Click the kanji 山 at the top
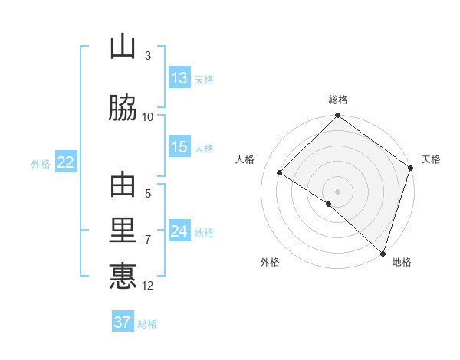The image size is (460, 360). click(123, 48)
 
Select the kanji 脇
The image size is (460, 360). click(123, 108)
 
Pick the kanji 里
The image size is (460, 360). click(123, 231)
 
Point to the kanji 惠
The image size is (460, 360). click(123, 276)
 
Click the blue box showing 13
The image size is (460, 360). click(179, 78)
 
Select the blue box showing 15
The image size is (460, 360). click(179, 147)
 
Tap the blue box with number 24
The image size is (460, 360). click(179, 231)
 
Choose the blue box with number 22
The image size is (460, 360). click(65, 162)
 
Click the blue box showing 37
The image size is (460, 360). click(123, 322)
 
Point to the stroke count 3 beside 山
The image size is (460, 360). click(148, 56)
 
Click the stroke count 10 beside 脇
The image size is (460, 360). click(148, 116)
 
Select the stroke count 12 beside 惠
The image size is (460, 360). click(148, 286)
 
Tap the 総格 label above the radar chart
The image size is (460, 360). click(338, 100)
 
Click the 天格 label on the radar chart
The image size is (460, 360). click(431, 159)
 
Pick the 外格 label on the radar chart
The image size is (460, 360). click(270, 262)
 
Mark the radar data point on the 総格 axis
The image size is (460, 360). click(338, 116)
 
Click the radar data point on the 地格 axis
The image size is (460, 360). click(383, 252)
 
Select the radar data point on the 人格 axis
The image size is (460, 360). click(280, 173)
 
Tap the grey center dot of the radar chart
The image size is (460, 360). click(338, 191)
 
